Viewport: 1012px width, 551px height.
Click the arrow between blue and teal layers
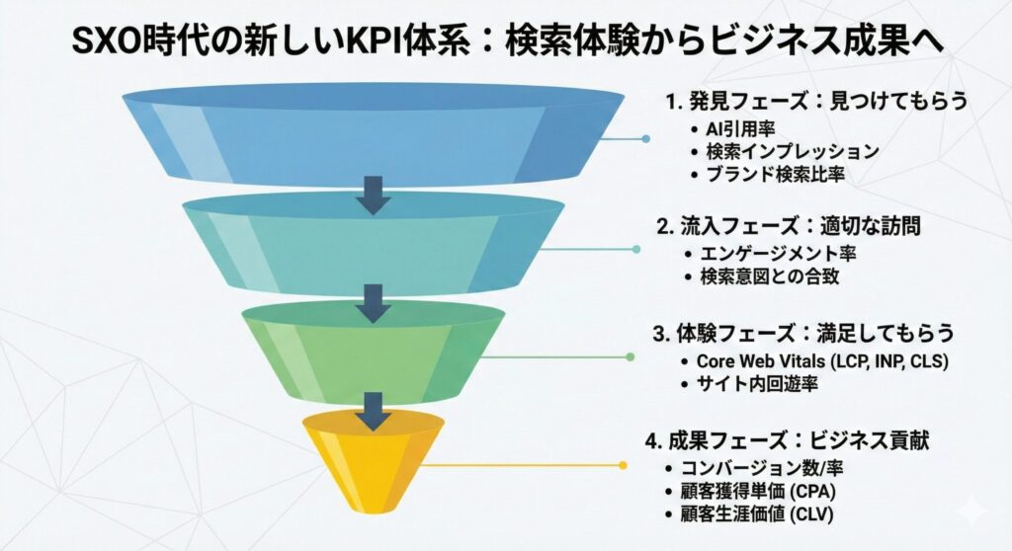click(x=374, y=195)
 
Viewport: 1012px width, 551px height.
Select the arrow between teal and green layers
click(x=374, y=301)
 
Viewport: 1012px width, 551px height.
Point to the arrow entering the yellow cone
click(x=374, y=407)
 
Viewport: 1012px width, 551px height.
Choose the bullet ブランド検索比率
click(x=775, y=175)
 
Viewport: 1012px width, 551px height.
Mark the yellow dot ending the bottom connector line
click(x=622, y=464)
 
